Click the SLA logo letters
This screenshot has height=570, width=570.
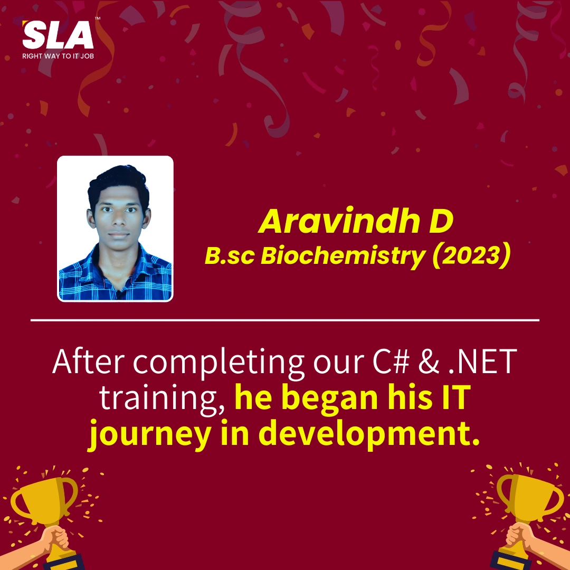[58, 34]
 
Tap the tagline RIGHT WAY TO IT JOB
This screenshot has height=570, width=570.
[58, 56]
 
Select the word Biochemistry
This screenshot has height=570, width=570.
[343, 255]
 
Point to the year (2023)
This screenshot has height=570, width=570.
[471, 255]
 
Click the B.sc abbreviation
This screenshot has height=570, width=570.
[230, 255]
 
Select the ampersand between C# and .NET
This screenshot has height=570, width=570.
[429, 362]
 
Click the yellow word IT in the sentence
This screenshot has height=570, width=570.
[457, 397]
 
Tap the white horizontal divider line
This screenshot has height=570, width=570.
[285, 320]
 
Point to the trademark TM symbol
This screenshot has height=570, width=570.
[98, 18]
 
